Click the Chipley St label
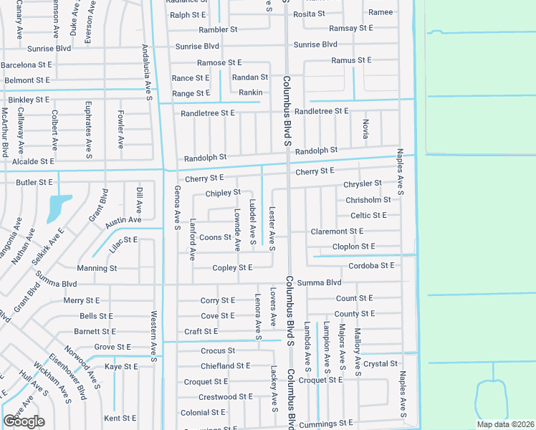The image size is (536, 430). pyautogui.click(x=223, y=193)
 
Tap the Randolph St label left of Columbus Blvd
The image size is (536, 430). pyautogui.click(x=205, y=157)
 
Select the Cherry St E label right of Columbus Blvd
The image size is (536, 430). pyautogui.click(x=315, y=171)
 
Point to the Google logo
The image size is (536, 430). pyautogui.click(x=24, y=421)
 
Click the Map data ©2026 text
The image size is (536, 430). pyautogui.click(x=506, y=424)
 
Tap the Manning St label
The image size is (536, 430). pyautogui.click(x=97, y=268)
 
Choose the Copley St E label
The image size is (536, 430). pyautogui.click(x=232, y=268)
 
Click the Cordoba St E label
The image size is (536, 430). pyautogui.click(x=371, y=265)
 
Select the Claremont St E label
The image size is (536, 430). pyautogui.click(x=337, y=231)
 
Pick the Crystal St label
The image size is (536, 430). pyautogui.click(x=381, y=364)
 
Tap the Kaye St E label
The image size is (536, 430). pyautogui.click(x=121, y=366)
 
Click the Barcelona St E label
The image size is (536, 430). pyautogui.click(x=26, y=64)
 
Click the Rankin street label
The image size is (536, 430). pyautogui.click(x=250, y=92)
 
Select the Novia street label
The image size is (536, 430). pyautogui.click(x=365, y=129)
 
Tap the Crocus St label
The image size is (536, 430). pyautogui.click(x=218, y=351)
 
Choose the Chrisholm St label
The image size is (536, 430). pyautogui.click(x=368, y=200)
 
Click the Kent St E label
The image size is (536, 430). pyautogui.click(x=120, y=418)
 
